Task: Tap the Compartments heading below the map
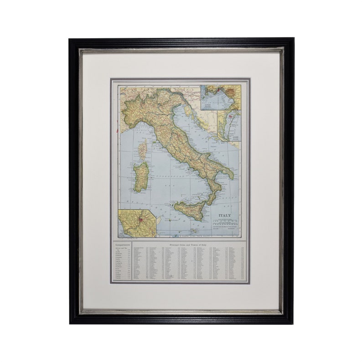point(123,245)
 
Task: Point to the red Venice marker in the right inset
point(231,117)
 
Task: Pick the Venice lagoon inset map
point(228,125)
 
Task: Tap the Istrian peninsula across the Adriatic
point(191,109)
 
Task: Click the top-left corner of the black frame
point(70,39)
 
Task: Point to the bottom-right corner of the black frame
point(293,323)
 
